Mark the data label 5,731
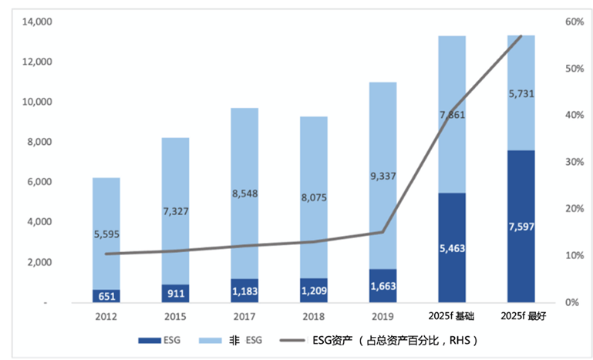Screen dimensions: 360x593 pos(521,94)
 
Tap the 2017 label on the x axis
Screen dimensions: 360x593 pos(244,316)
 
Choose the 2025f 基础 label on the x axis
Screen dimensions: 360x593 pos(452,316)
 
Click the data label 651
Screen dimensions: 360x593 pos(106,296)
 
